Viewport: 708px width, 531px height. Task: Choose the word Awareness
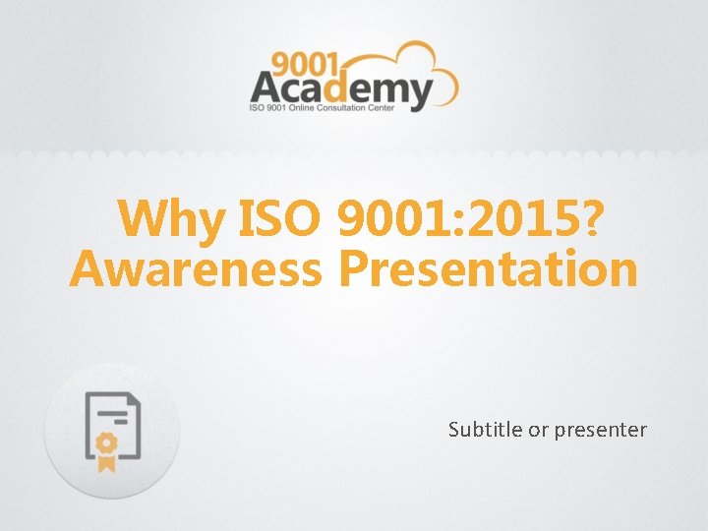tap(196, 269)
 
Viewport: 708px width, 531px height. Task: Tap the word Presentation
tap(488, 269)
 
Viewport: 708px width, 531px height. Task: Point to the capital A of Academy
tap(267, 91)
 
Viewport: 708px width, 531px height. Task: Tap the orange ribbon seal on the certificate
tap(105, 447)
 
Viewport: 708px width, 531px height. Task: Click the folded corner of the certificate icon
tap(135, 398)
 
